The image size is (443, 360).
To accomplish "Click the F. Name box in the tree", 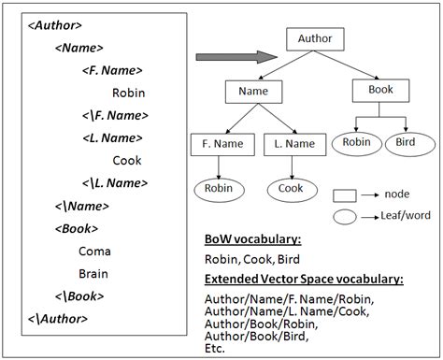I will [x=218, y=144].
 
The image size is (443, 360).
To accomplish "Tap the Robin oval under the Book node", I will [x=355, y=142].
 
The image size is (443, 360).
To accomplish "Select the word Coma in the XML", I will [x=94, y=252].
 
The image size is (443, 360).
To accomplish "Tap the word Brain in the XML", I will [x=93, y=274].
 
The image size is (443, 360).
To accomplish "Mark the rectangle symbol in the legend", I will [x=346, y=195].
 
